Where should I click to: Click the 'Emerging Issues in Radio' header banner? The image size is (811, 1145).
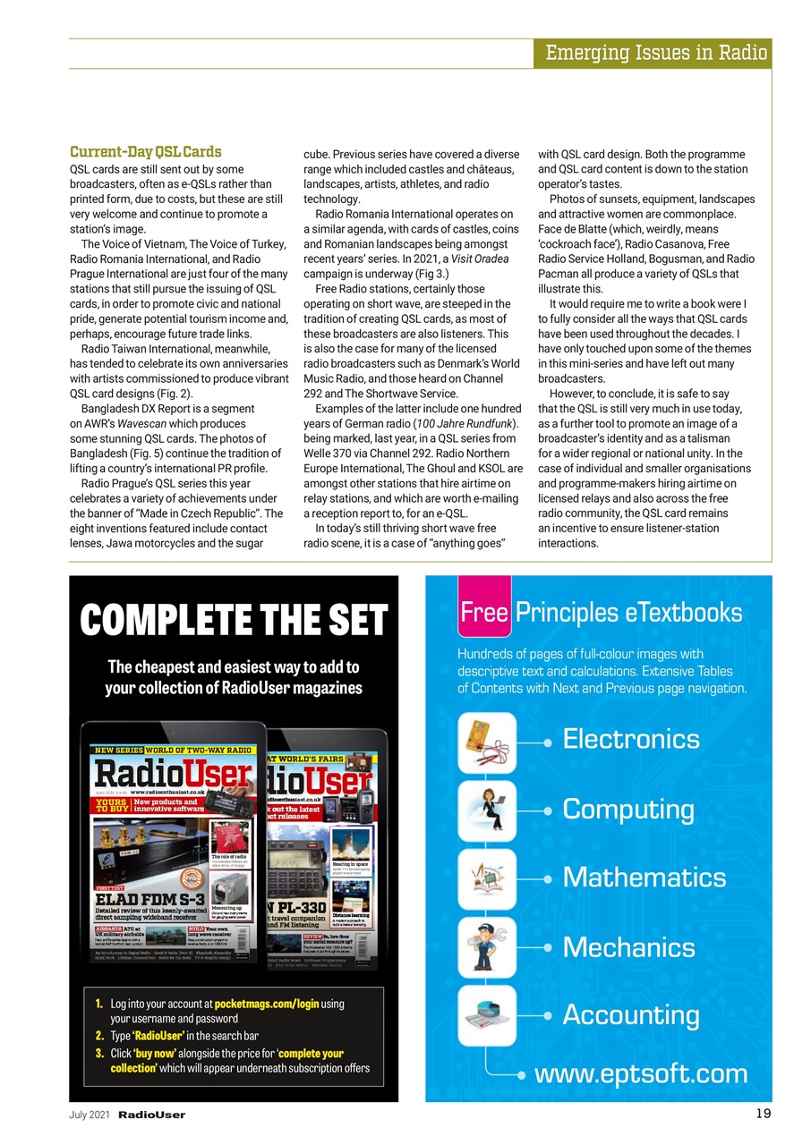657,53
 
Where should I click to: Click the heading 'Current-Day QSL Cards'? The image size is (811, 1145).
145,152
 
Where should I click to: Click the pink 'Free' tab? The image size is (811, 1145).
484,613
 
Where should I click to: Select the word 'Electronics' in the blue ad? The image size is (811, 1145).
631,739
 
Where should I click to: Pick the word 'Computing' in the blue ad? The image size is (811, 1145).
628,809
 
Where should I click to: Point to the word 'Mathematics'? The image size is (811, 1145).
645,877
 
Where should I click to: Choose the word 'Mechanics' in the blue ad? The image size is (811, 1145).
628,946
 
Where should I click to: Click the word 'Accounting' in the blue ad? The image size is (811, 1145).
631,1015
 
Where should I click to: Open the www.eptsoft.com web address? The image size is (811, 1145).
641,1073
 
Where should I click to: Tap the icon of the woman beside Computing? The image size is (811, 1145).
487,810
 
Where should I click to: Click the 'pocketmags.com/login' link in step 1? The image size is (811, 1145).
266,1005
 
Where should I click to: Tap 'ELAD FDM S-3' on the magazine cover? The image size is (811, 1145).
151,898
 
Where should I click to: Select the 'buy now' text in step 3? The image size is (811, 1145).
154,1054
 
